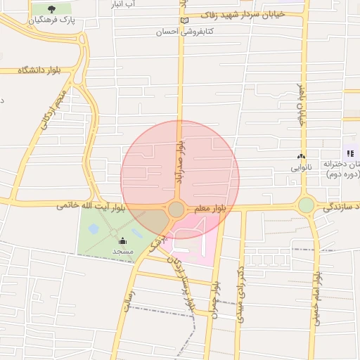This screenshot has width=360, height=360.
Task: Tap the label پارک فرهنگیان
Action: (x=52, y=21)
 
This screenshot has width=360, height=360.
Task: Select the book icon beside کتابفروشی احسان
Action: (x=185, y=20)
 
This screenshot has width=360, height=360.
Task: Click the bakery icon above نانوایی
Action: (x=302, y=157)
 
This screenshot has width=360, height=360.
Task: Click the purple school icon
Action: (x=349, y=153)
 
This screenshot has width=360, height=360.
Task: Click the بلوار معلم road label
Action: (x=209, y=208)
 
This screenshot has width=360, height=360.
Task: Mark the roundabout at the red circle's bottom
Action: (x=176, y=210)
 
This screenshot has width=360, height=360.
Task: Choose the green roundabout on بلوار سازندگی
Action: (x=306, y=205)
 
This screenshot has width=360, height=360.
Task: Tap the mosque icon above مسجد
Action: (x=122, y=241)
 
